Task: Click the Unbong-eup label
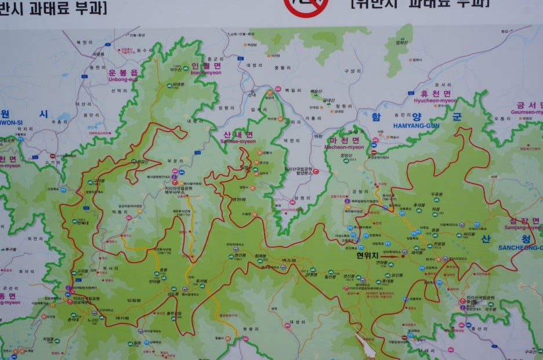[124, 76]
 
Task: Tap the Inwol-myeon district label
[206, 70]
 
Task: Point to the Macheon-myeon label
[344, 143]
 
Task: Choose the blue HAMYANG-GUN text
[416, 125]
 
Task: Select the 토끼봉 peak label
[202, 281]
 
